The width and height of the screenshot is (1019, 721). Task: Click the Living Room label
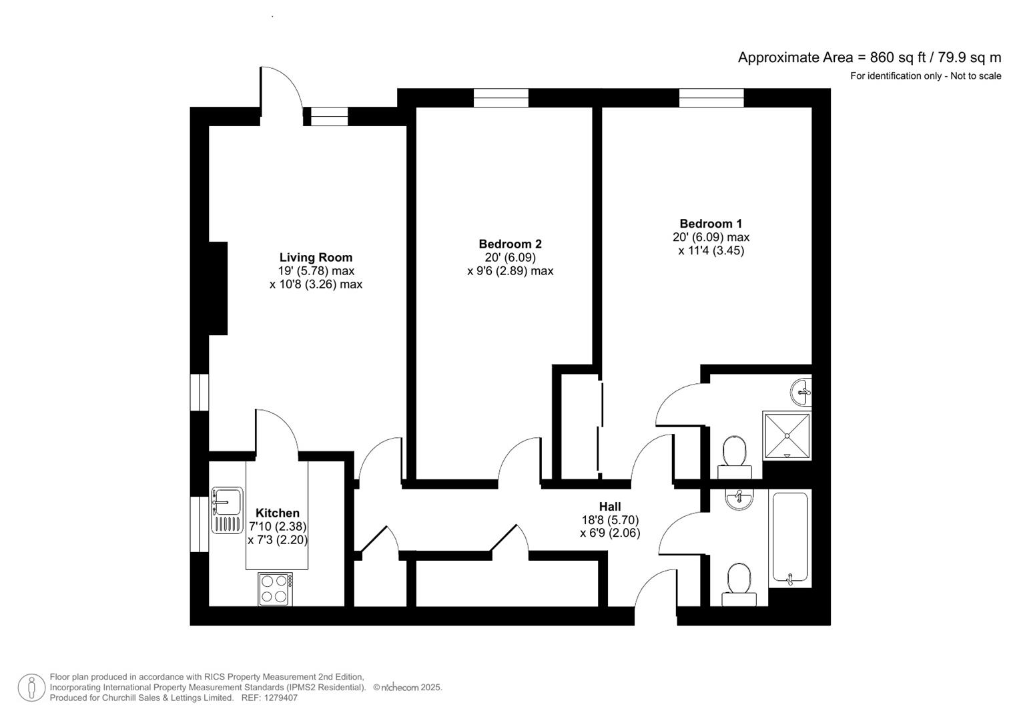tap(316, 257)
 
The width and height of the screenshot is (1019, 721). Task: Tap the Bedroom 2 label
tap(510, 244)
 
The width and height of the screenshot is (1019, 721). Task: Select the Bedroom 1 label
tap(711, 224)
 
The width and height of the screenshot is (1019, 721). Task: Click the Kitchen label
tap(278, 513)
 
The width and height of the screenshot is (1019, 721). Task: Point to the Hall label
tap(610, 507)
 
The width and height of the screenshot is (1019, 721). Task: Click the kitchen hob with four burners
tap(276, 589)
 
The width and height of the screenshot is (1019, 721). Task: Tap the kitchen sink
tap(227, 510)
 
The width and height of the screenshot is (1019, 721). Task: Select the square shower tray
tap(787, 436)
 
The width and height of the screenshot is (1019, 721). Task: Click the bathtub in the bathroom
tap(790, 537)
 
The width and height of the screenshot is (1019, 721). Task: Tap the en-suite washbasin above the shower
tap(801, 392)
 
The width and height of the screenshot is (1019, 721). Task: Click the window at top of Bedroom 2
tap(500, 97)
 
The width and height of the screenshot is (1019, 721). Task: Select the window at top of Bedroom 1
tap(711, 97)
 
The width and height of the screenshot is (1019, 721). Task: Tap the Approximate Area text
tap(869, 57)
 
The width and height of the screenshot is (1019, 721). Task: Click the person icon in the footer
tap(31, 688)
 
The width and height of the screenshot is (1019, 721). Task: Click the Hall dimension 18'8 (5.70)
tap(610, 520)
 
